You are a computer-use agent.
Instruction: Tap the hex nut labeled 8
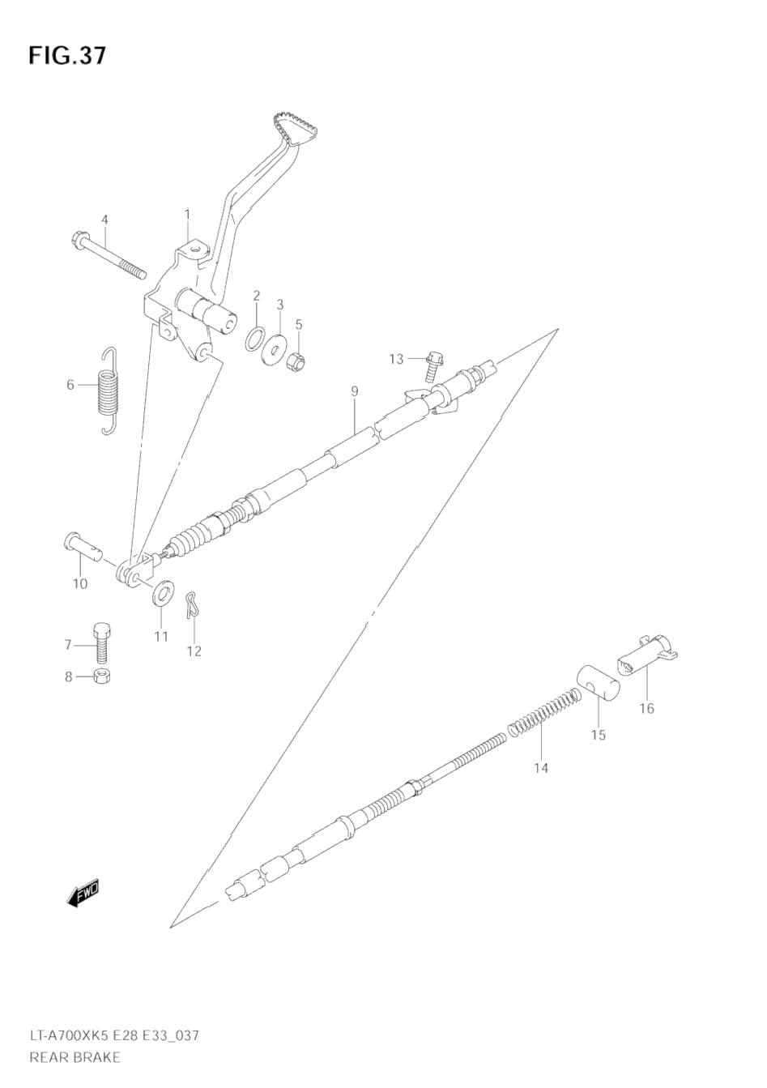click(104, 676)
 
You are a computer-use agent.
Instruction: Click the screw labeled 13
click(430, 365)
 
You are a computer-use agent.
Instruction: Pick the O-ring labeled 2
click(255, 337)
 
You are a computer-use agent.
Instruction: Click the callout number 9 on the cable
click(355, 392)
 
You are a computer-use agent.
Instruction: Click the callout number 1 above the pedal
click(187, 214)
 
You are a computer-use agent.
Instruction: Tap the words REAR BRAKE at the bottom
click(75, 1056)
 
